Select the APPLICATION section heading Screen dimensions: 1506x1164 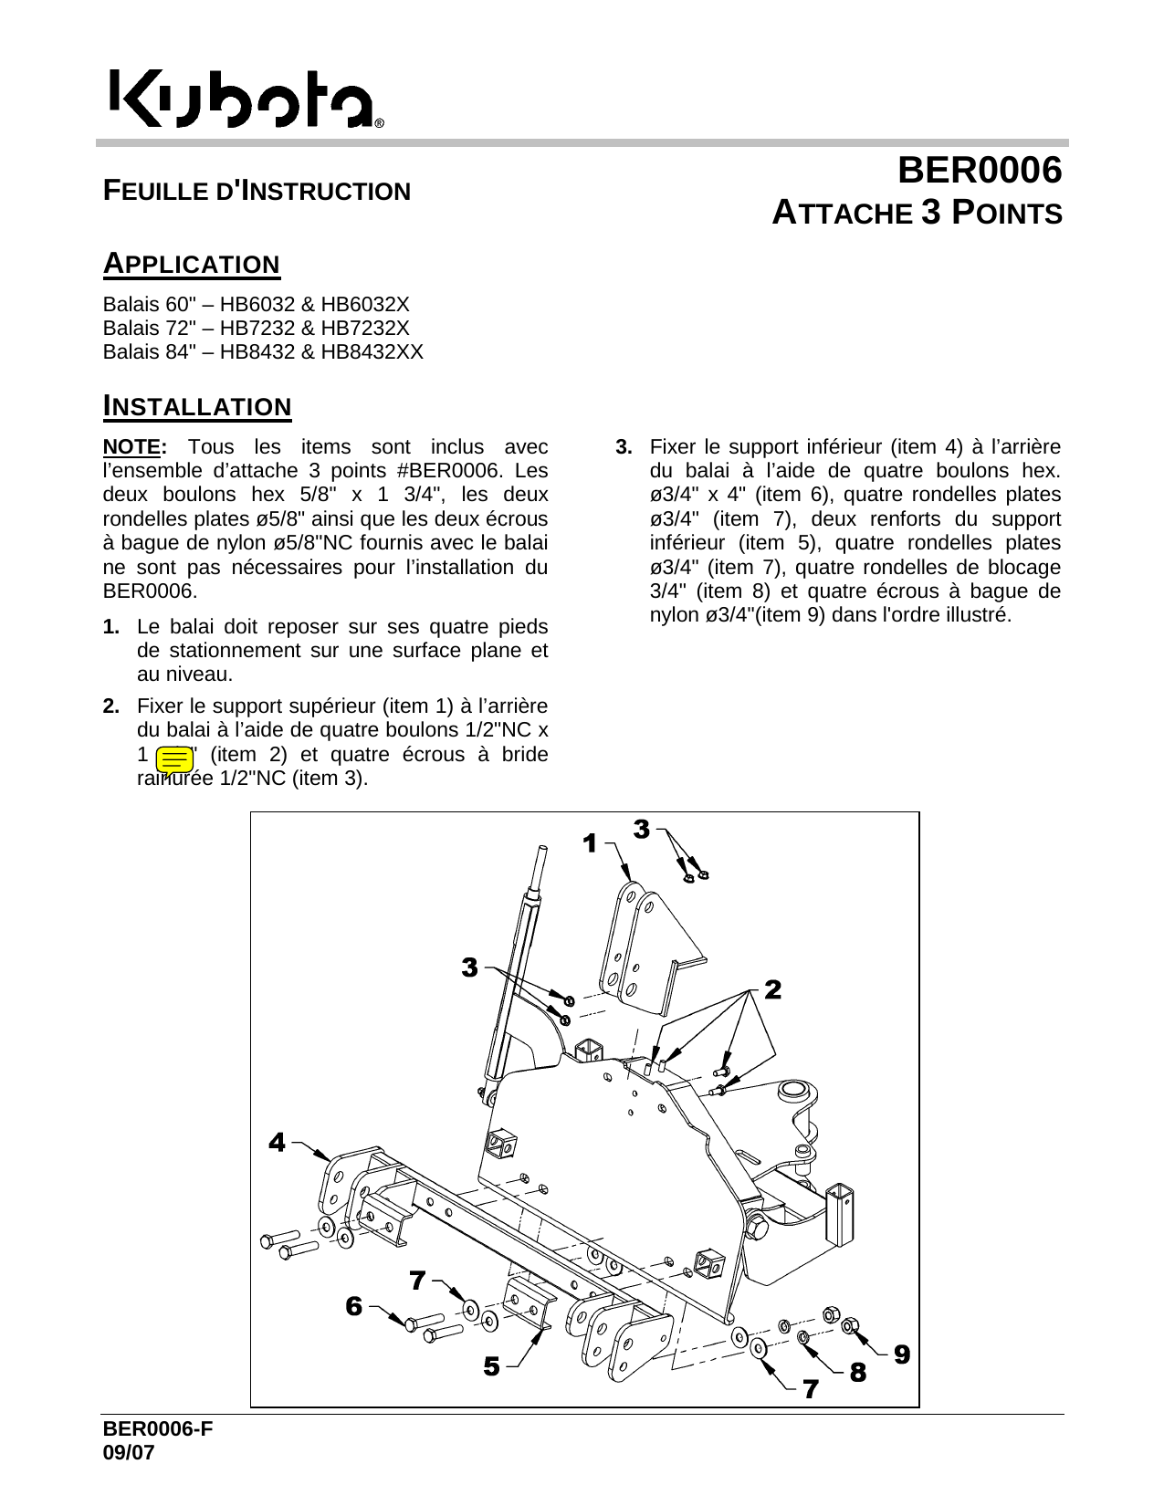tap(192, 264)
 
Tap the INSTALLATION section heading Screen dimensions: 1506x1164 tap(197, 406)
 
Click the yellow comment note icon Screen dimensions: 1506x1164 tap(174, 759)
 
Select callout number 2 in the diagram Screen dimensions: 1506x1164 tap(772, 989)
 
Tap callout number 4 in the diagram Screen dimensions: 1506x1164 tap(277, 1142)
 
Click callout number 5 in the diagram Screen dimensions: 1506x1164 tap(491, 1366)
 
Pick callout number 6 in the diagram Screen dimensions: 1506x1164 tap(353, 1306)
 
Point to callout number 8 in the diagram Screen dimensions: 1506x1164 tap(857, 1372)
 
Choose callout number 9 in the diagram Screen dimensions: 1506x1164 tap(901, 1354)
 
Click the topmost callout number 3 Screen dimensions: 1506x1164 tap(641, 830)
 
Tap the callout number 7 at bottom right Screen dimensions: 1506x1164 tap(810, 1389)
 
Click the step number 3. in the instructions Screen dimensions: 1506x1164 tap(624, 447)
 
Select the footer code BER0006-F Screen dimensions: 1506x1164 tap(158, 1429)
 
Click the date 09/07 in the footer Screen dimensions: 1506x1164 tap(129, 1453)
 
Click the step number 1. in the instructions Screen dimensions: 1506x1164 tap(111, 627)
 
